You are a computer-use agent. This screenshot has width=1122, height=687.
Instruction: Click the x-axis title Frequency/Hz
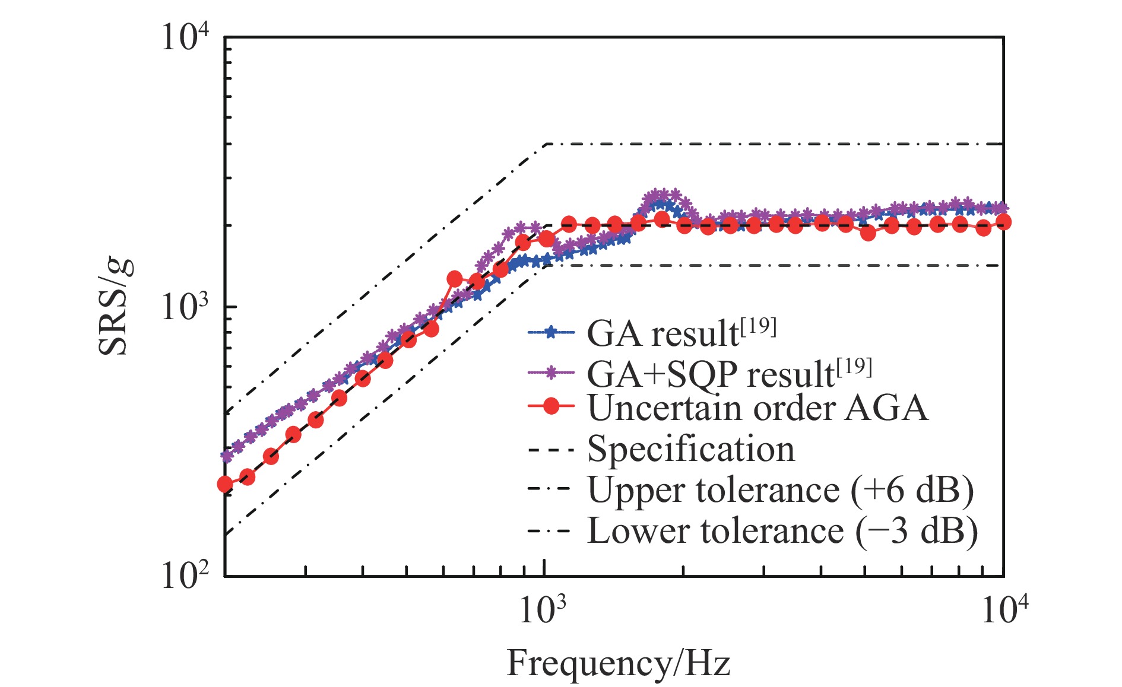click(x=618, y=663)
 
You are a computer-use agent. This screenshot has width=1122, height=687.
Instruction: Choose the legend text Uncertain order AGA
click(x=757, y=409)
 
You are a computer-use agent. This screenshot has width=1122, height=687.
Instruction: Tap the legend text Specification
click(x=691, y=449)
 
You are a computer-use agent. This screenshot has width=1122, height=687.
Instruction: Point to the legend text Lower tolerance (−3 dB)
click(x=782, y=530)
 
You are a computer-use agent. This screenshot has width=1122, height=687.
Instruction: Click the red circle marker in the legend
click(x=552, y=406)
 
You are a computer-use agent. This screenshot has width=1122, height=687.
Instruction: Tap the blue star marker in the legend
click(x=552, y=332)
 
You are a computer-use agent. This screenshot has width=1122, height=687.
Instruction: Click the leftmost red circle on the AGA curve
click(x=225, y=484)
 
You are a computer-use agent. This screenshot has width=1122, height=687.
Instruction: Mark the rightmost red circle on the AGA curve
click(x=1004, y=222)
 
